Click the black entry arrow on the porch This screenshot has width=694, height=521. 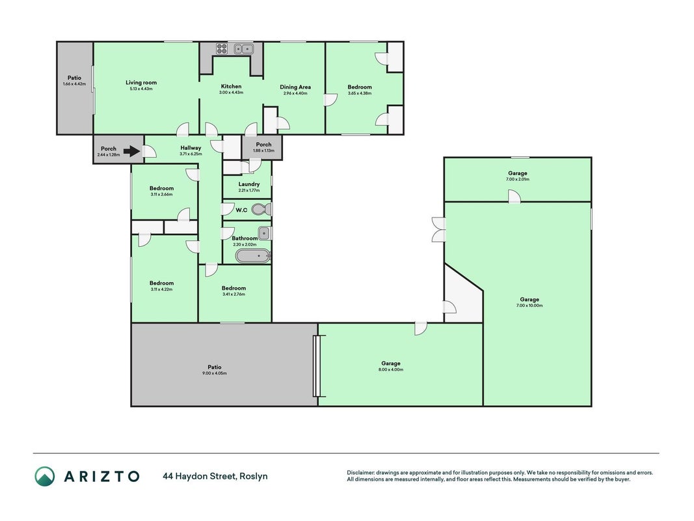pyautogui.click(x=132, y=152)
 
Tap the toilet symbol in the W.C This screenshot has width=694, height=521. pyautogui.click(x=261, y=209)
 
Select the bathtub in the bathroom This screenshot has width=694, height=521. pyautogui.click(x=253, y=256)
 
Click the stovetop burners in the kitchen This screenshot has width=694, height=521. pyautogui.click(x=222, y=48)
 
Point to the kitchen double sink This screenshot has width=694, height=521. pyautogui.click(x=243, y=49)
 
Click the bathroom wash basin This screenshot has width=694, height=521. pyautogui.click(x=264, y=233)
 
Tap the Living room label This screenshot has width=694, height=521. pyautogui.click(x=141, y=83)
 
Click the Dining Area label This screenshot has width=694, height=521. pyautogui.click(x=295, y=87)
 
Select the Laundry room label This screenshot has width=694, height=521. pyautogui.click(x=248, y=184)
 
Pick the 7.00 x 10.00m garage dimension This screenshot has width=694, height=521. pyautogui.click(x=529, y=305)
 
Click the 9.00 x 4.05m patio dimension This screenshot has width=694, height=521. pyautogui.click(x=215, y=373)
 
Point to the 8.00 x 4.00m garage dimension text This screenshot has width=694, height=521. pyautogui.click(x=391, y=369)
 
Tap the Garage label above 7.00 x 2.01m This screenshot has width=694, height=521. pyautogui.click(x=517, y=173)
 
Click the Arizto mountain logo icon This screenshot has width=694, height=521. pyautogui.click(x=45, y=476)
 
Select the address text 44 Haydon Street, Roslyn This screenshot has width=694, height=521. pyautogui.click(x=215, y=476)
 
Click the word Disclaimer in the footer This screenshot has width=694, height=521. pyautogui.click(x=361, y=473)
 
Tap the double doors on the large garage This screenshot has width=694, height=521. pyautogui.click(x=438, y=229)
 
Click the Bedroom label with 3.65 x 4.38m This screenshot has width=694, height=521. pyautogui.click(x=360, y=87)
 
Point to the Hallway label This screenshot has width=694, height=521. pyautogui.click(x=191, y=148)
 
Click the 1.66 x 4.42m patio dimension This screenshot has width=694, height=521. pyautogui.click(x=74, y=84)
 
